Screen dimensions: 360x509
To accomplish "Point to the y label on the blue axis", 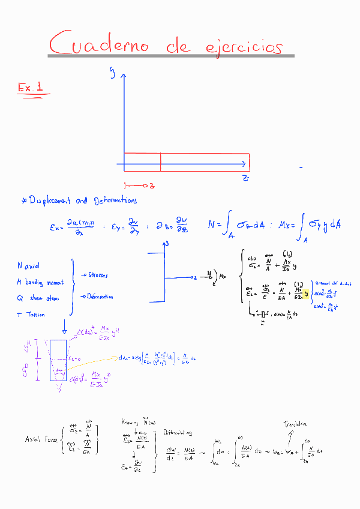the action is tap(112, 72).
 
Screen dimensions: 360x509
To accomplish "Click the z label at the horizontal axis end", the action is tap(245, 178).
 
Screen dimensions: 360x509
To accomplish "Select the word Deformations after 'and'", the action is tap(115, 200).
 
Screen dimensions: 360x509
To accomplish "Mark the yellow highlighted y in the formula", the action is tap(305, 294).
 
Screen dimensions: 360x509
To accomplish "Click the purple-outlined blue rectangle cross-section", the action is tap(58, 360).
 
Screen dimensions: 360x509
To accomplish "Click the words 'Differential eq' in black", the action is tap(178, 432).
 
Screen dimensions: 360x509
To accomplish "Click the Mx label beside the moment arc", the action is tap(223, 277).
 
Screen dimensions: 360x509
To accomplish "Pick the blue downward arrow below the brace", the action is tap(64, 327).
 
